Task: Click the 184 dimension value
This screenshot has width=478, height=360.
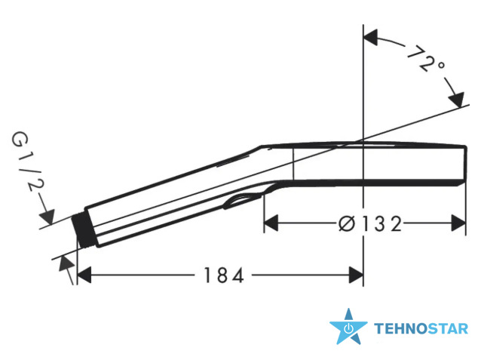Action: point(223,275)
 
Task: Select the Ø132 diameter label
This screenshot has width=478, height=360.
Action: point(370,223)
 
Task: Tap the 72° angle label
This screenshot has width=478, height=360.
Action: point(426,60)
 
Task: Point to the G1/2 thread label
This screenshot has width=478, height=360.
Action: point(28,162)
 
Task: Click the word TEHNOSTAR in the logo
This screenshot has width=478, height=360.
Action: point(421,329)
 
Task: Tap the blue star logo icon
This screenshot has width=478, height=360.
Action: point(348,327)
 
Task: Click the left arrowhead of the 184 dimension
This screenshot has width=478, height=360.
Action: point(84,275)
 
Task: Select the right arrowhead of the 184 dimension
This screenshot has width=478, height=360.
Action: point(356,275)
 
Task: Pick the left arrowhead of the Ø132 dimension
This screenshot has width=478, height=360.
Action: point(271,223)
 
